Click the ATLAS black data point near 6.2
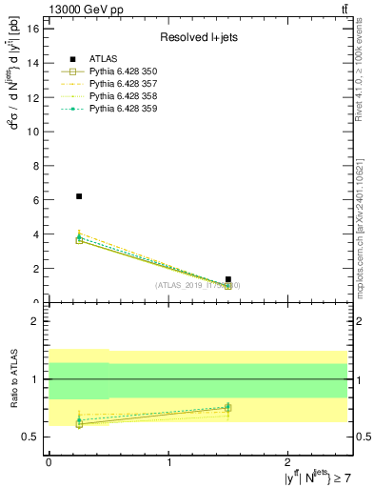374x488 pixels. point(79,196)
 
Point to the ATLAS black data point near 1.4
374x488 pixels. point(227,279)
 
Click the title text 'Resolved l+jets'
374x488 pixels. point(197,38)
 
